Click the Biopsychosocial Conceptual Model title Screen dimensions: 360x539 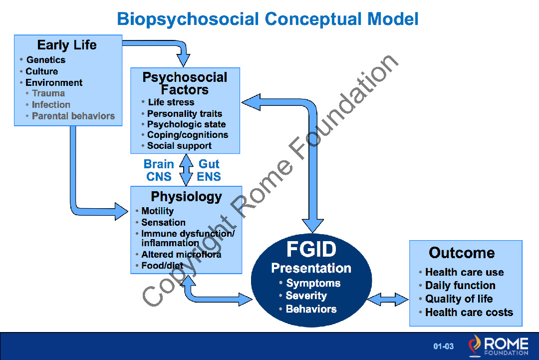[268, 19]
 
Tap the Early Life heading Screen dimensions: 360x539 [67, 45]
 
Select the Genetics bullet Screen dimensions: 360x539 [45, 60]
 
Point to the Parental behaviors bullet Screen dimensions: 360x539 [73, 116]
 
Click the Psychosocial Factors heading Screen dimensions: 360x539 [185, 83]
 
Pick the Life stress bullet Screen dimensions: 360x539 [171, 102]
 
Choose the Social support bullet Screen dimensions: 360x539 [179, 146]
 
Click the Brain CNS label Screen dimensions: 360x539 [159, 170]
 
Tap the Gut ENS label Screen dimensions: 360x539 [209, 170]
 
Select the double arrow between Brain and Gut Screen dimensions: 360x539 [186, 170]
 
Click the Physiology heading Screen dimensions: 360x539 [186, 197]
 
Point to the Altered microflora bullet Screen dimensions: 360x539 [181, 255]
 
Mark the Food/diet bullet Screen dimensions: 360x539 [162, 266]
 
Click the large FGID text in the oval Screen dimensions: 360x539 [311, 249]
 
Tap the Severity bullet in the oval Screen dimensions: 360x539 [306, 296]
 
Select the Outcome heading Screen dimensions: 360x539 [462, 253]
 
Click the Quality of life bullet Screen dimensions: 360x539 [459, 299]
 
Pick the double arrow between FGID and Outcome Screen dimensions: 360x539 [388, 299]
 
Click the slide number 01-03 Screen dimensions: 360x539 [443, 346]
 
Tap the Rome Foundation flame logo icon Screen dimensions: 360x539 [475, 346]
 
